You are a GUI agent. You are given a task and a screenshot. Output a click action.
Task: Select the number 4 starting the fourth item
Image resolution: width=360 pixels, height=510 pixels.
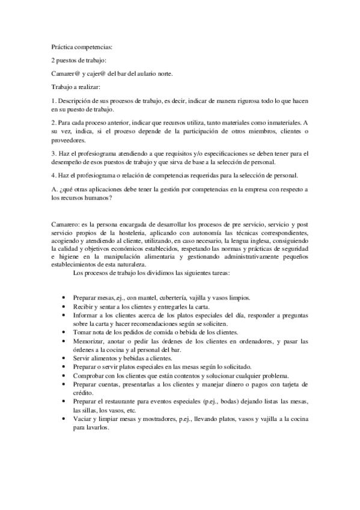coord(53,175)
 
